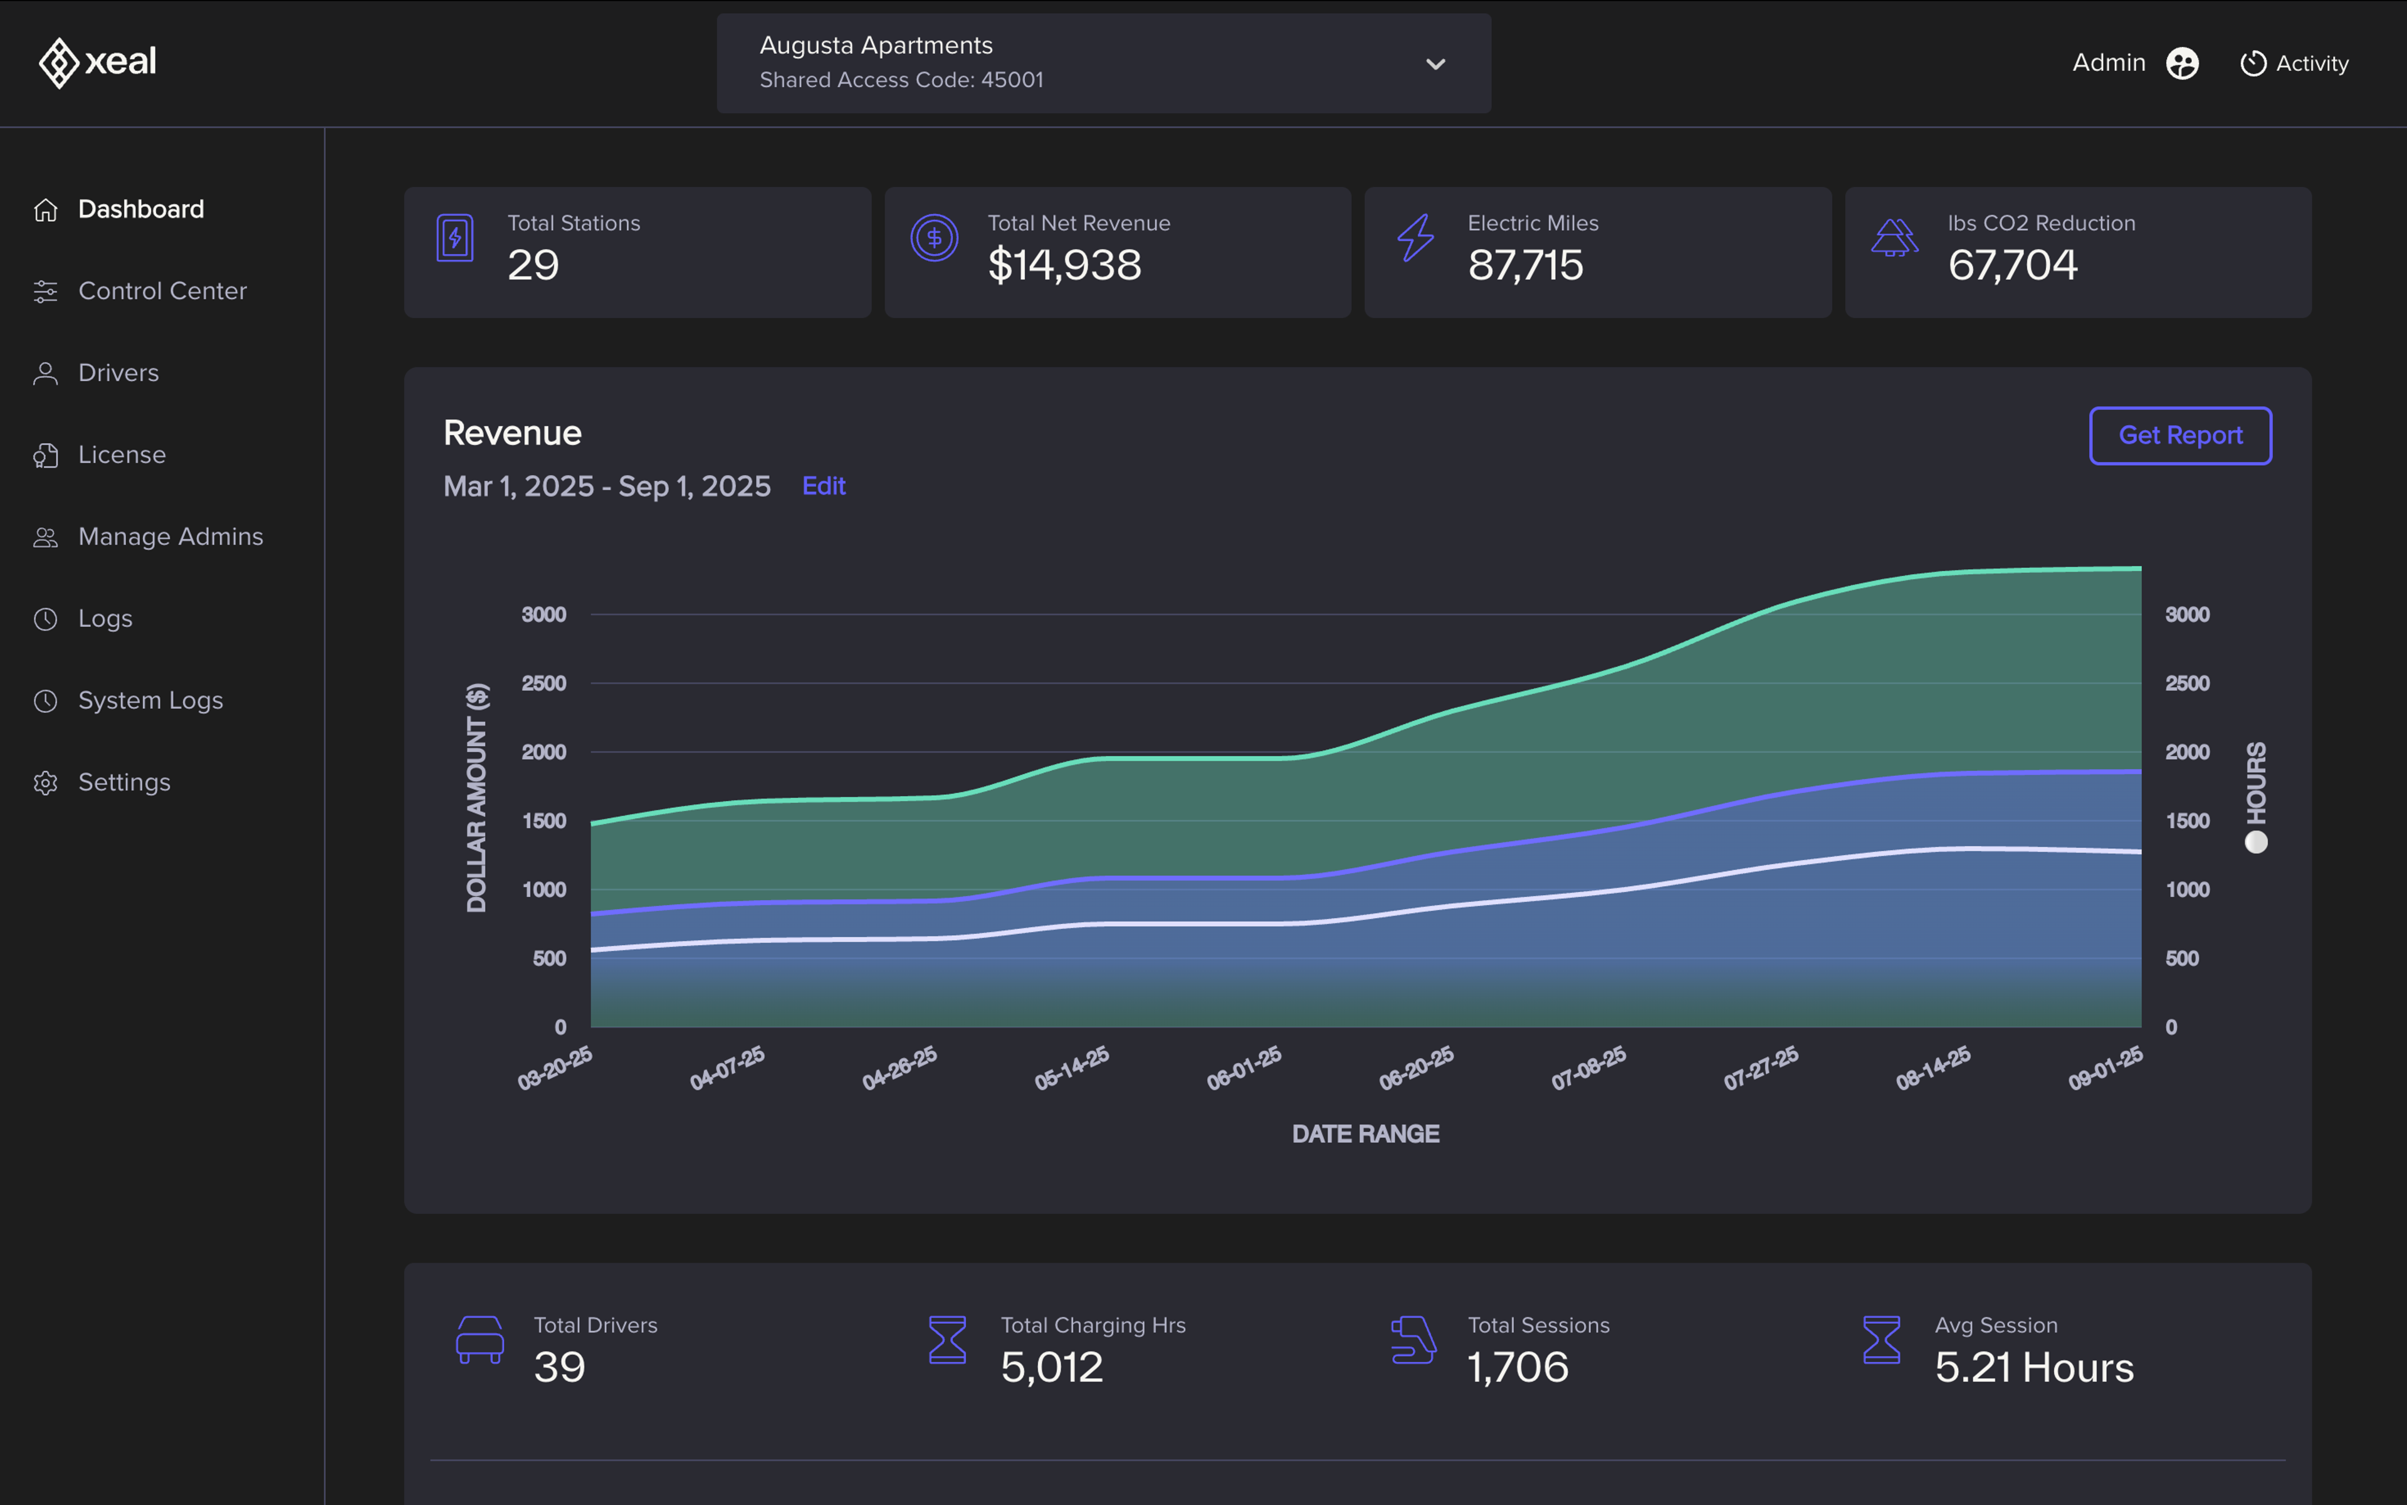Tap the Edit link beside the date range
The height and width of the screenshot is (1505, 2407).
pyautogui.click(x=823, y=486)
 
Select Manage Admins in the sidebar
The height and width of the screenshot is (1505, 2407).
pyautogui.click(x=170, y=537)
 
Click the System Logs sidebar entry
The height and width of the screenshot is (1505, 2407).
pyautogui.click(x=150, y=701)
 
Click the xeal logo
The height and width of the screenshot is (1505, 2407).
pyautogui.click(x=98, y=61)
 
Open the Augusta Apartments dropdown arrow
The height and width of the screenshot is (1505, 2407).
pyautogui.click(x=1434, y=64)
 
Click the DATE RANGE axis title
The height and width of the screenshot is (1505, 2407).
pyautogui.click(x=1365, y=1134)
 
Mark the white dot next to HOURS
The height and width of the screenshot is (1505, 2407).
pyautogui.click(x=2256, y=842)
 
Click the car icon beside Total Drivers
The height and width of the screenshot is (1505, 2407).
pyautogui.click(x=480, y=1340)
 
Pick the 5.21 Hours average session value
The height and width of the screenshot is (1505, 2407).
pyautogui.click(x=2033, y=1368)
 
